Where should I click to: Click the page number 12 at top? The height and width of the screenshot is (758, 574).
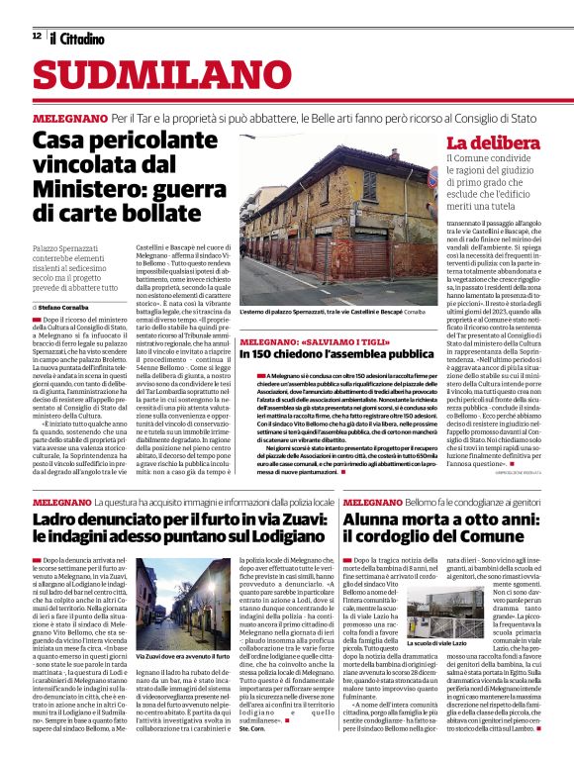coord(37,37)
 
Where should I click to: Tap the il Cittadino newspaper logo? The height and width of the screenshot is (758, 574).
coord(77,38)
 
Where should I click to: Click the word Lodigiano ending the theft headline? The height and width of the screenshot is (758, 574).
coord(287,537)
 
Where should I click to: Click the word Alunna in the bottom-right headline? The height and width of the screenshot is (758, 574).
coord(377,519)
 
